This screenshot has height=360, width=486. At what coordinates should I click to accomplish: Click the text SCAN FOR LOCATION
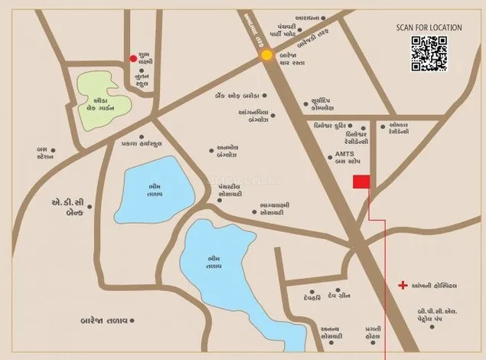point(429,28)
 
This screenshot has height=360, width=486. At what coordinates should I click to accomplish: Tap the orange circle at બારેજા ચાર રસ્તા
point(266,55)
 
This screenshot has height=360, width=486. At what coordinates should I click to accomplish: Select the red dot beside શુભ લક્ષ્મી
point(133,57)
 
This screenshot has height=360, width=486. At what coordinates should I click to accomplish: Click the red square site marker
point(360,182)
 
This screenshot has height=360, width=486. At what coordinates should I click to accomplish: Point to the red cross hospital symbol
point(403,286)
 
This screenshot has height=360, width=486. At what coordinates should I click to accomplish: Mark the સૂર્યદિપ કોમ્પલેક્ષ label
point(332,104)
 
